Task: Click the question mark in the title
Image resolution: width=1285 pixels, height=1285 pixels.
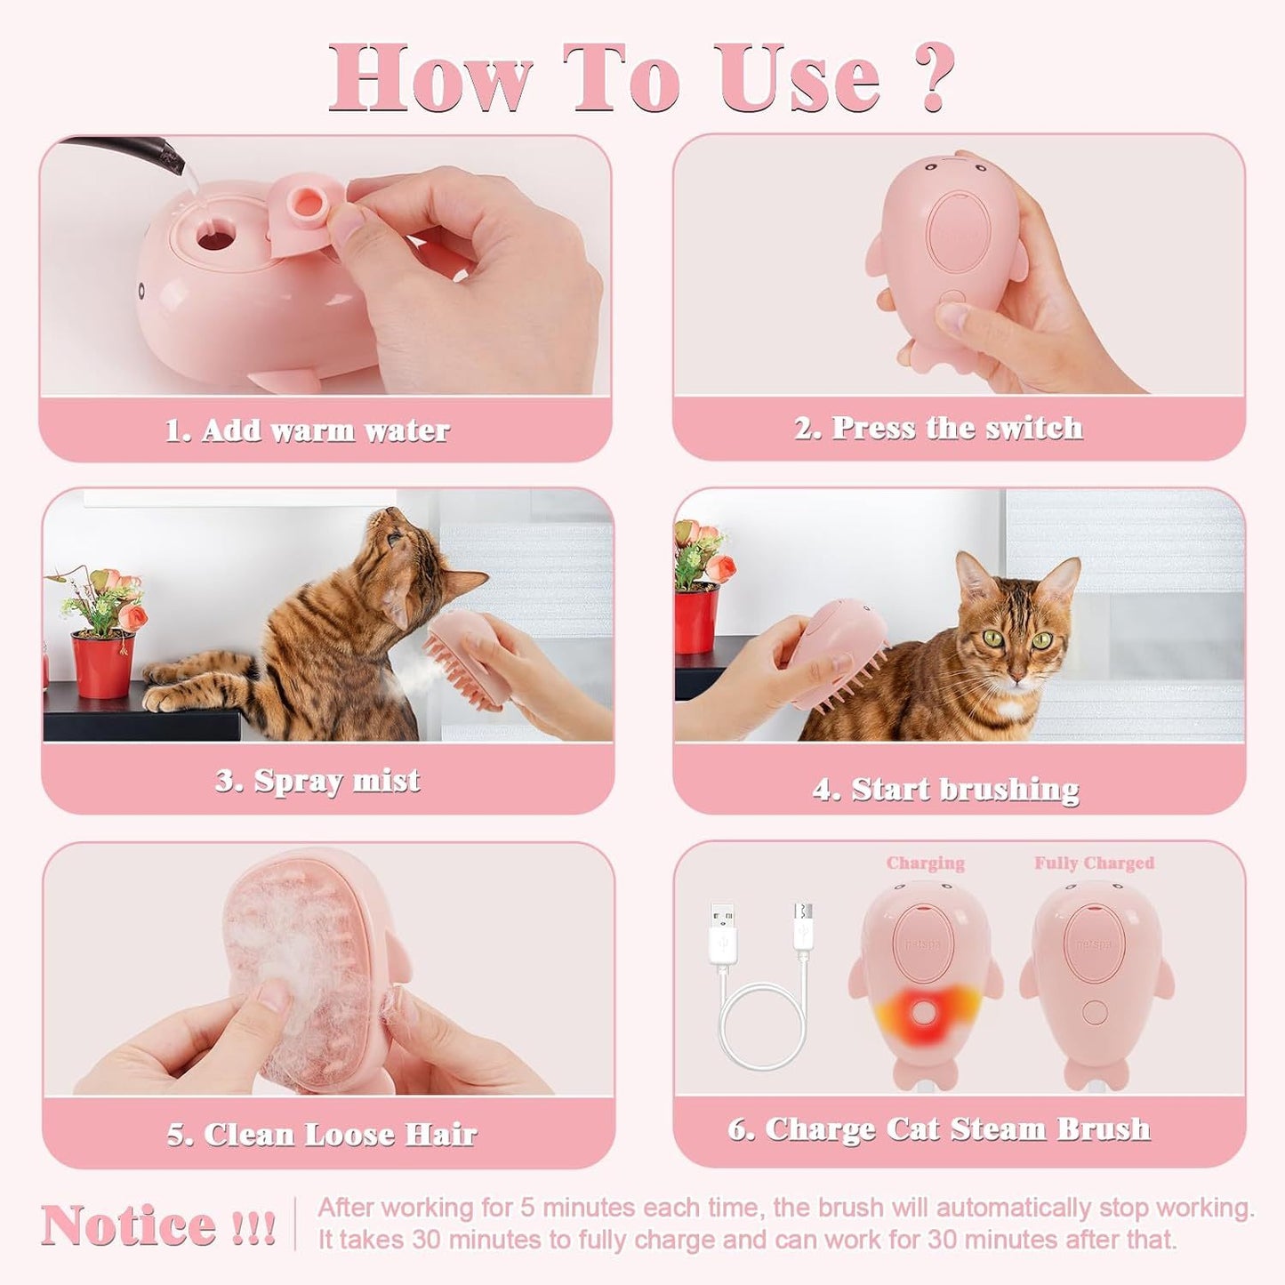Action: click(x=933, y=77)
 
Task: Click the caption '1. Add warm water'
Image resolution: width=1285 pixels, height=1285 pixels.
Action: click(x=308, y=430)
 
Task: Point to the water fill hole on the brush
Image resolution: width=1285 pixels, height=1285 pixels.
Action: click(x=216, y=237)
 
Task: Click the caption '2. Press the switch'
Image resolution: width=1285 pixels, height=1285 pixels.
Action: click(x=938, y=428)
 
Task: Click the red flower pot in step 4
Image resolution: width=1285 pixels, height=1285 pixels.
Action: click(x=695, y=620)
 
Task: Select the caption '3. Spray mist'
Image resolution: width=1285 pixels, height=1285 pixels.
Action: click(x=317, y=781)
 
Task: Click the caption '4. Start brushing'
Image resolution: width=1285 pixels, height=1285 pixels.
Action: click(x=945, y=789)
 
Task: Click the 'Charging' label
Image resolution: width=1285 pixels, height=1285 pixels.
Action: click(x=925, y=863)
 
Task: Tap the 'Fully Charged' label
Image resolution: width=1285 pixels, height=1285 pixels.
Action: click(x=1094, y=863)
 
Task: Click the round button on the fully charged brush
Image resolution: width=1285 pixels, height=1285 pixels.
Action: click(x=1095, y=1012)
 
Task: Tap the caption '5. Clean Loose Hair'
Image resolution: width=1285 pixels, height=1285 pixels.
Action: click(x=322, y=1134)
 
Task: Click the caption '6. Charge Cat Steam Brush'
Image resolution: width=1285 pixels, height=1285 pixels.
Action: click(x=939, y=1128)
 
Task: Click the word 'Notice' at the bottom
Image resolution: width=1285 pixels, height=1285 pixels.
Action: click(x=130, y=1226)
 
